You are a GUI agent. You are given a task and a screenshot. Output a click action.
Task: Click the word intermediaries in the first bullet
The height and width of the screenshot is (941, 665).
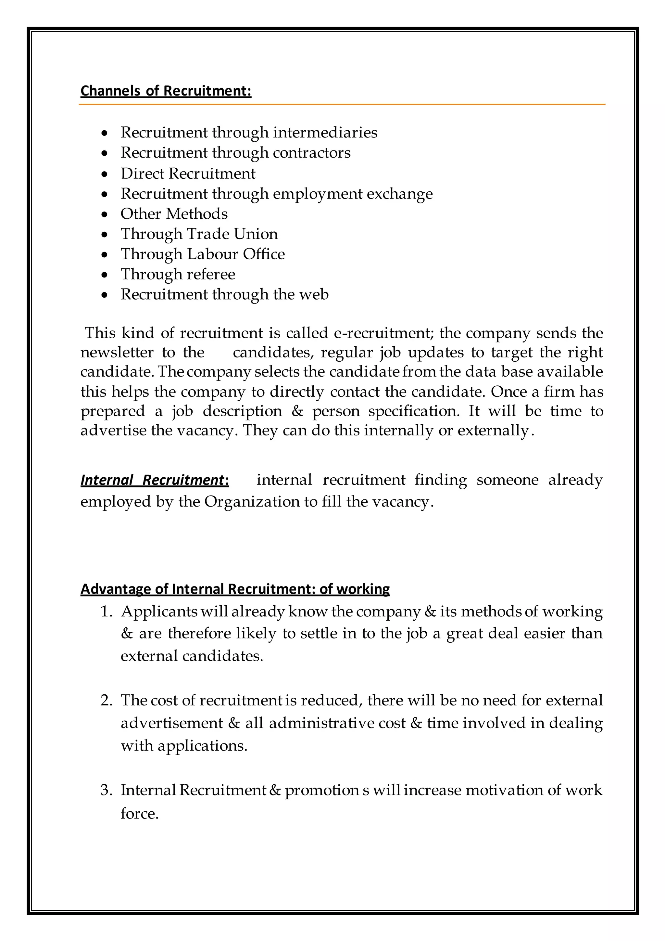click(x=325, y=132)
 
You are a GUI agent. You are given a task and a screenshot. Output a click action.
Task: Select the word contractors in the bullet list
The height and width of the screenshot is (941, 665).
click(x=312, y=153)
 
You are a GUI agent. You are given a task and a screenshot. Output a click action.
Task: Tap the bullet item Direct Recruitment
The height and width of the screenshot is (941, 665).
click(x=188, y=174)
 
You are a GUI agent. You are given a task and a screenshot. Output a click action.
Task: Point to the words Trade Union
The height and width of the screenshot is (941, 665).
click(x=232, y=234)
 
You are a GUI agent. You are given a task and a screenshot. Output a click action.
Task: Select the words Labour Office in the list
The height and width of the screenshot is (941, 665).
click(x=236, y=254)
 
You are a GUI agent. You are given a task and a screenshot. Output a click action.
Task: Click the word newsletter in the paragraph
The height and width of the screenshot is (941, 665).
click(x=116, y=353)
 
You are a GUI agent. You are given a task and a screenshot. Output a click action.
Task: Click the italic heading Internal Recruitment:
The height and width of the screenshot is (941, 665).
click(x=154, y=480)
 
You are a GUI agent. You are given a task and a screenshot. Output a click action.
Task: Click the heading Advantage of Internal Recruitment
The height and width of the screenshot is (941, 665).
click(x=235, y=589)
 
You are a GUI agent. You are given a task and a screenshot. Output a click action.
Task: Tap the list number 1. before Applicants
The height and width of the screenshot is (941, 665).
click(x=107, y=612)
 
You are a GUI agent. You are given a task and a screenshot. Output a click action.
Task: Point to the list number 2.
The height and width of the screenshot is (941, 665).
click(x=107, y=701)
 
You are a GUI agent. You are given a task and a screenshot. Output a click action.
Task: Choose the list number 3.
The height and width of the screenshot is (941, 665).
click(x=107, y=790)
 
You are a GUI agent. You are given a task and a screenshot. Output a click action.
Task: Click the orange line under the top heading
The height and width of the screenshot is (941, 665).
click(x=342, y=105)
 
